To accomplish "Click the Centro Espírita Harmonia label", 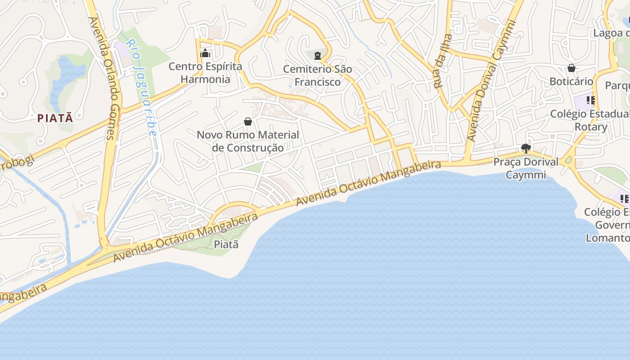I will pyautogui.click(x=205, y=73).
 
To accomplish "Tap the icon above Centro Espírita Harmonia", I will pyautogui.click(x=205, y=54).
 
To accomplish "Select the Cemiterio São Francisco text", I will pyautogui.click(x=318, y=76).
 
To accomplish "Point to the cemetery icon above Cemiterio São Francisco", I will pyautogui.click(x=318, y=56).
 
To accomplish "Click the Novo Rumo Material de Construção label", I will pyautogui.click(x=248, y=141).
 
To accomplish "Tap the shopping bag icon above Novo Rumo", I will pyautogui.click(x=247, y=121).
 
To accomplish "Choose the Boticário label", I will pyautogui.click(x=571, y=81).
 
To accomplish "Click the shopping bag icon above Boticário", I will pyautogui.click(x=571, y=68).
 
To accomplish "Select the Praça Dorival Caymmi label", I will pyautogui.click(x=526, y=168).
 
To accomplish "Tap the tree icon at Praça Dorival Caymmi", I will pyautogui.click(x=525, y=148).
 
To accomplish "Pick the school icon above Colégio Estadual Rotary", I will pyautogui.click(x=590, y=100).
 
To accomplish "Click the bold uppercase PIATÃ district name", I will pyautogui.click(x=55, y=118).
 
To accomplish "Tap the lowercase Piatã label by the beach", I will pyautogui.click(x=226, y=244).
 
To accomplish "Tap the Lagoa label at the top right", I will pyautogui.click(x=611, y=33).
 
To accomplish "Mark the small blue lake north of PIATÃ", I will pyautogui.click(x=67, y=76).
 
